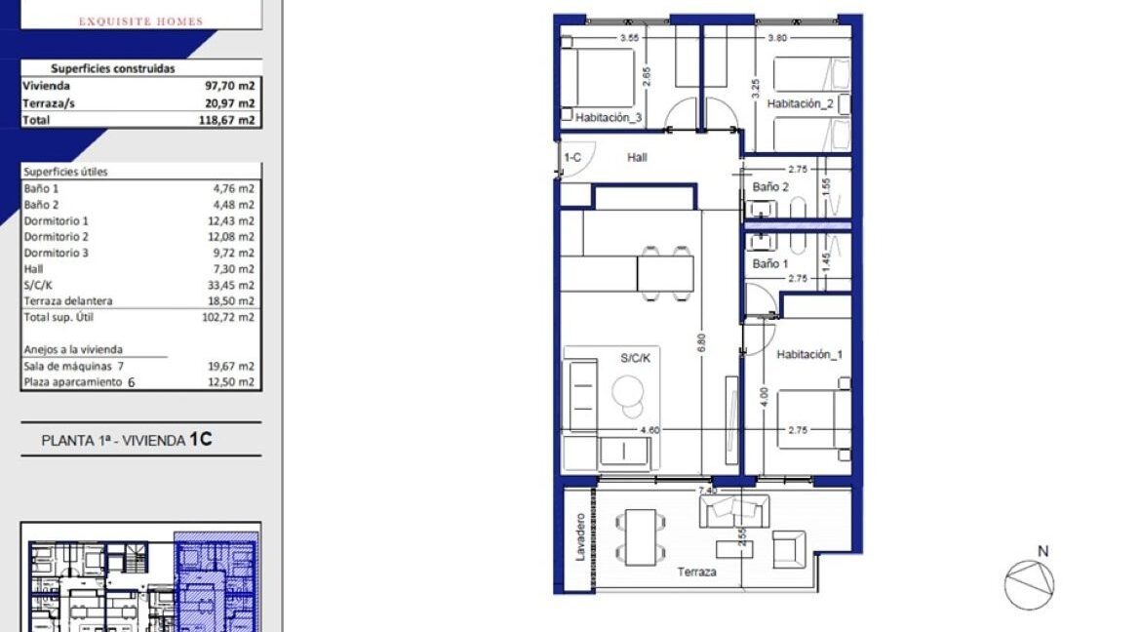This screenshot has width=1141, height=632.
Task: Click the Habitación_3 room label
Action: pyautogui.click(x=609, y=118)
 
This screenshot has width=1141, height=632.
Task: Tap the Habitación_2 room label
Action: pyautogui.click(x=800, y=103)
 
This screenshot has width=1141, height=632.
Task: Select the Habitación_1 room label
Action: pyautogui.click(x=808, y=355)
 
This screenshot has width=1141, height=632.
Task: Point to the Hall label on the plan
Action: pyautogui.click(x=637, y=157)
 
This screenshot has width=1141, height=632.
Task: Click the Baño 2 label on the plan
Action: pyautogui.click(x=770, y=186)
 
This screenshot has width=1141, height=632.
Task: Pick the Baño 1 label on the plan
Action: pyautogui.click(x=770, y=263)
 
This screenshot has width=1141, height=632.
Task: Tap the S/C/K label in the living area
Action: pyautogui.click(x=636, y=358)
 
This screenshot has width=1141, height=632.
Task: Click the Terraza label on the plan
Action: pyautogui.click(x=697, y=572)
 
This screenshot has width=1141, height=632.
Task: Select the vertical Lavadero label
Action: pyautogui.click(x=579, y=535)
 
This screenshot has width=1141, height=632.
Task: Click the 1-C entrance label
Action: pyautogui.click(x=573, y=156)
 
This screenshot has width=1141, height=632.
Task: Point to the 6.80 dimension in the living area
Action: pyautogui.click(x=701, y=343)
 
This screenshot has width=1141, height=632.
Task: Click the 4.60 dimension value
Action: pyautogui.click(x=650, y=429)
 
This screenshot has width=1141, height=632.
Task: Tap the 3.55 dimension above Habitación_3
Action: pyautogui.click(x=629, y=38)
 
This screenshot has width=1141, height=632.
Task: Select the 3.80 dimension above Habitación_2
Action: pyautogui.click(x=777, y=38)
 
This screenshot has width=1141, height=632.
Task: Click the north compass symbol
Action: pyautogui.click(x=1030, y=585)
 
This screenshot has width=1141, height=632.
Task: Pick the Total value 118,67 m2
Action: pyautogui.click(x=230, y=120)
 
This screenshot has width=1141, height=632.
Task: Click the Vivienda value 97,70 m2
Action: pyautogui.click(x=232, y=86)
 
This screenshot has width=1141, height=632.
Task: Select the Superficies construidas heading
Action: pyautogui.click(x=113, y=69)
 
